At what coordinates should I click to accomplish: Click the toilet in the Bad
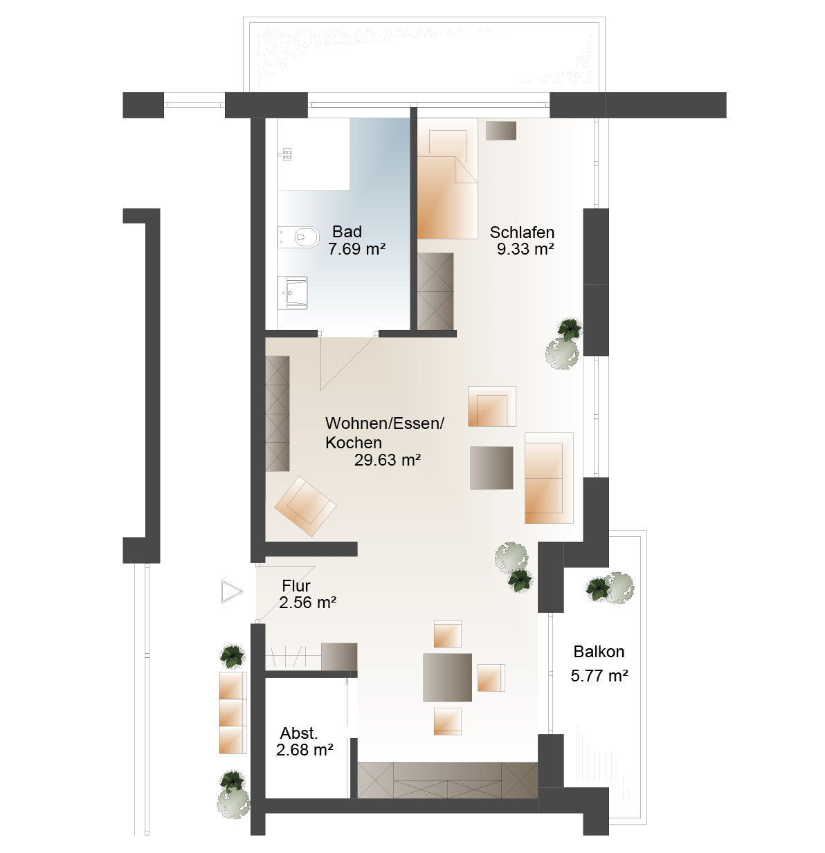pos(298,237)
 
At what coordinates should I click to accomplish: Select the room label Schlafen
pos(521,232)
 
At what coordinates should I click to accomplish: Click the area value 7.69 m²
pos(356,249)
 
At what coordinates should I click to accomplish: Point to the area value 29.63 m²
pos(388,460)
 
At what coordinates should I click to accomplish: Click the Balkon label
pos(598,652)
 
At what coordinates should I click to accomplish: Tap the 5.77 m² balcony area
pos(599,675)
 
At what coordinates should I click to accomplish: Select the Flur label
pos(296,585)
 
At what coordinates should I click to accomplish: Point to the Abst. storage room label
pos(299,733)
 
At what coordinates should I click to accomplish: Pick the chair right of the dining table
pos(491,678)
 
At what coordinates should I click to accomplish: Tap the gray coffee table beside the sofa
pos(491,468)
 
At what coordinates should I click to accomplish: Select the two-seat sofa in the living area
pos(549,478)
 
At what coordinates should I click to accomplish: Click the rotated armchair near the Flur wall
pos(305,506)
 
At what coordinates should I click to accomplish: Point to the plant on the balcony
pos(610,588)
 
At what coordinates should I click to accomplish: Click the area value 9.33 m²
pos(525,249)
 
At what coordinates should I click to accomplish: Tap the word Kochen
pos(354,443)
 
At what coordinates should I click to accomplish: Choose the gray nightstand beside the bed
pos(500,131)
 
